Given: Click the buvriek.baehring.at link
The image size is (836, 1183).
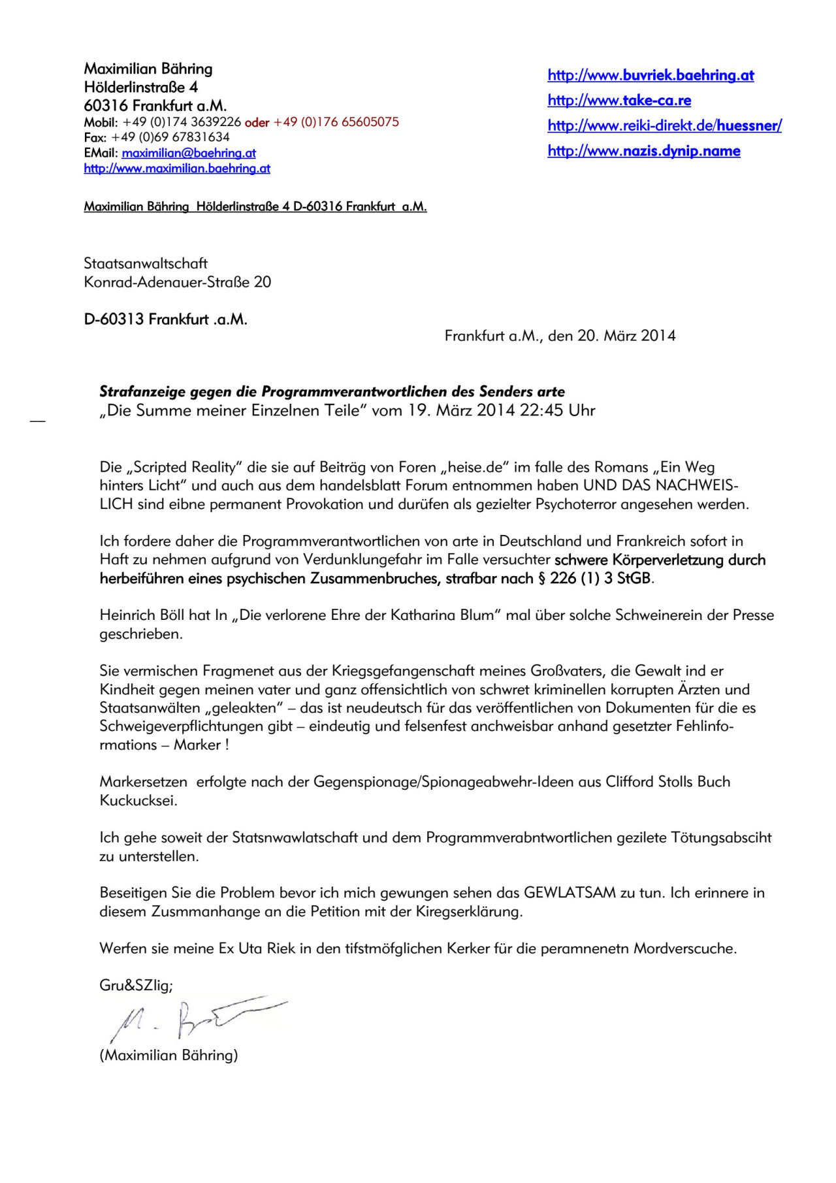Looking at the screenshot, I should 651,75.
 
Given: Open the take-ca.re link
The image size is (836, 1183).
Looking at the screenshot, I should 619,100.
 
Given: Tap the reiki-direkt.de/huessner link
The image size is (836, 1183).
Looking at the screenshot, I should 664,125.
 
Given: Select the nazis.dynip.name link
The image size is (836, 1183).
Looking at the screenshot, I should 644,151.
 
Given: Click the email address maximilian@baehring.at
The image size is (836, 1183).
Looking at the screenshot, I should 189,153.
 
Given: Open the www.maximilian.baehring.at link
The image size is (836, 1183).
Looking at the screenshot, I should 177,169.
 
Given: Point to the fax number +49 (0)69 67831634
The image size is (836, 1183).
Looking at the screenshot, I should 170,137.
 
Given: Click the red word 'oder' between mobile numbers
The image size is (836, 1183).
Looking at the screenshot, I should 257,123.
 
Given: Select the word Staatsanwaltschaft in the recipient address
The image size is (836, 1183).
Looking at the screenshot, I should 146,263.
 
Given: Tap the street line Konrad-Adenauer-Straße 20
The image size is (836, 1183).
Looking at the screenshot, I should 177,282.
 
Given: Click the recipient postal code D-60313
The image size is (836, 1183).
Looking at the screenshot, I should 114,319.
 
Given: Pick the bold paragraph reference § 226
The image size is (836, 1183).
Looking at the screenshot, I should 556,579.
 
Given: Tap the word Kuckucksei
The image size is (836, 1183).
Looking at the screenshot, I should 138,801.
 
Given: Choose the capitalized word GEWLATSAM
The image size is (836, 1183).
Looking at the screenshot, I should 570,893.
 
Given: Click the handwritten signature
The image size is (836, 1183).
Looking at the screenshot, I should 196,1017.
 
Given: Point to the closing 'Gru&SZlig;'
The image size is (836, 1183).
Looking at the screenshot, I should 136,986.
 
